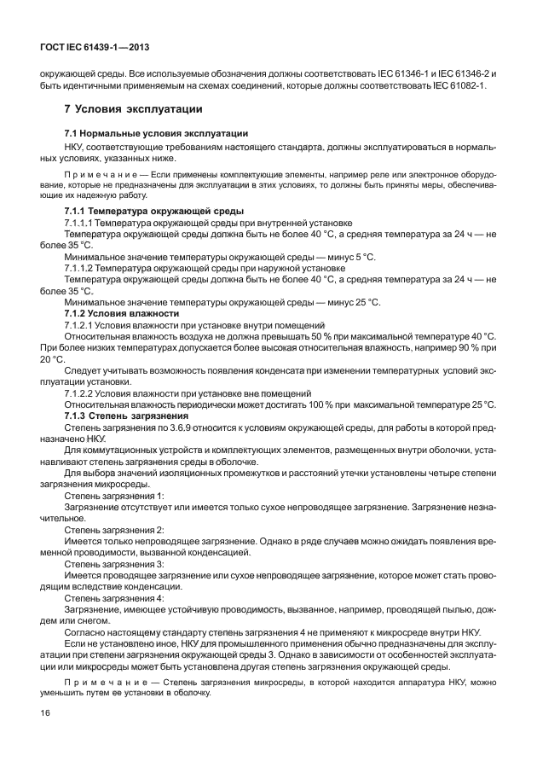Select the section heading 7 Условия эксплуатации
tap(133, 109)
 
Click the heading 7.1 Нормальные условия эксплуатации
tap(156, 133)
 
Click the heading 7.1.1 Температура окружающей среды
tap(154, 211)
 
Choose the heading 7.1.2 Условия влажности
tap(122, 313)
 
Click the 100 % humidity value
tap(346, 404)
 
